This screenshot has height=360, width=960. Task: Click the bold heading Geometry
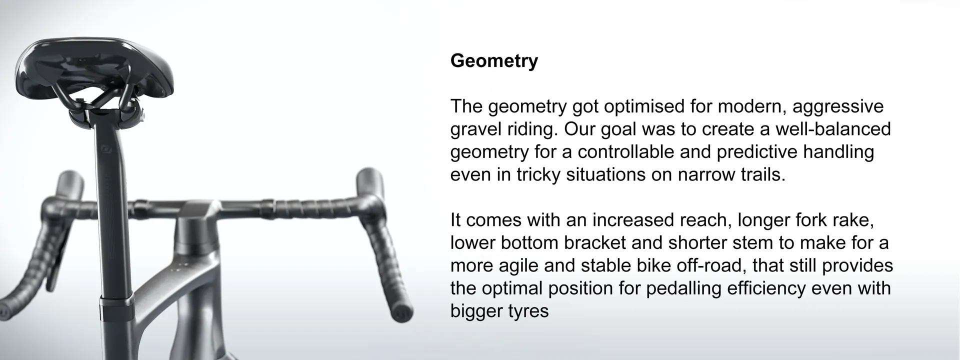(x=494, y=60)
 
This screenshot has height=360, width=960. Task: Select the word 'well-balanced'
(x=832, y=129)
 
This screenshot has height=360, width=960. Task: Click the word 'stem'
(x=753, y=242)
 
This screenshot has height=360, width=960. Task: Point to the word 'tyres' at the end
(x=528, y=311)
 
